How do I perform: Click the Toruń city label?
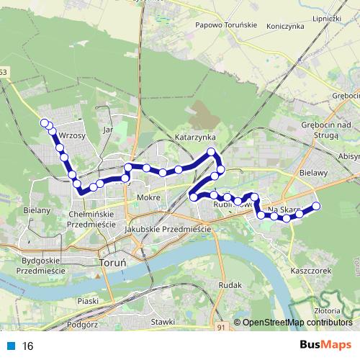click(111, 264)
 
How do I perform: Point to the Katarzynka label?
click(195, 136)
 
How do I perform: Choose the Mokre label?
click(147, 197)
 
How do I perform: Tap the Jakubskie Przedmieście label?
click(167, 229)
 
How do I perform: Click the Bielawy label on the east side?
click(313, 173)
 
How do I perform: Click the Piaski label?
click(88, 300)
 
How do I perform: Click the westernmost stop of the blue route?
click(45, 122)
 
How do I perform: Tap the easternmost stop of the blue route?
click(315, 207)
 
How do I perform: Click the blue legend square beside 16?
click(10, 346)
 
